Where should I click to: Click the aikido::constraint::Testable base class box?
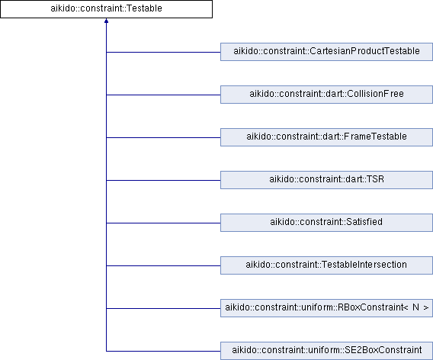106,9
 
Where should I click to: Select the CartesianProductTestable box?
326,52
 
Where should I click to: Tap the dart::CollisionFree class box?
326,95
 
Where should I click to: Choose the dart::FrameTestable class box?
326,137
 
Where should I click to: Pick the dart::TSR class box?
326,180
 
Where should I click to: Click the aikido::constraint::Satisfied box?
326,223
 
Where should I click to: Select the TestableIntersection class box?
326,265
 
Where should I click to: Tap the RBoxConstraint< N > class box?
326,308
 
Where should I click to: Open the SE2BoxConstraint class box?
326,351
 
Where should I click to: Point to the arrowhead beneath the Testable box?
106,21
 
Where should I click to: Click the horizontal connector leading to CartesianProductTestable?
163,52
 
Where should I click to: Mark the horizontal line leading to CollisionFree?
163,95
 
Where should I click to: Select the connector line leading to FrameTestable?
163,137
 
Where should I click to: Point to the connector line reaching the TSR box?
163,180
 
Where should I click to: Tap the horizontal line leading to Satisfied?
163,223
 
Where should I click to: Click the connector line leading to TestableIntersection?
163,265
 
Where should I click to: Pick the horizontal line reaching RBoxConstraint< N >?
163,308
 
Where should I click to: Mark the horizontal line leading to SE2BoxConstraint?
163,351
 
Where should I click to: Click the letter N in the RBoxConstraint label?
415,307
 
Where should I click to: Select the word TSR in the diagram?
375,179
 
